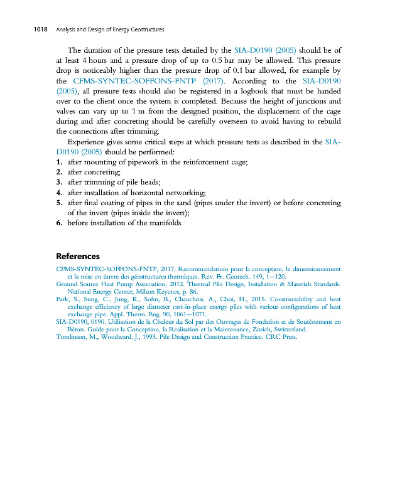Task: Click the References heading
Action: click(78, 256)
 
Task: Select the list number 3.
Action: click(59, 182)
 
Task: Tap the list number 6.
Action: click(59, 223)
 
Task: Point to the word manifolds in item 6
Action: click(165, 223)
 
